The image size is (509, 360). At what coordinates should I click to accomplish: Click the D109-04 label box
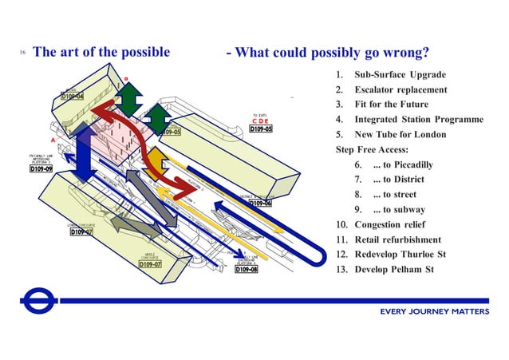click(73, 97)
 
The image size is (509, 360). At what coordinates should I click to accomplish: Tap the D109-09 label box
click(41, 169)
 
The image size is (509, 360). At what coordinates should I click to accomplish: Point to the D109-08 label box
click(247, 270)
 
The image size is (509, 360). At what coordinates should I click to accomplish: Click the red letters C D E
click(260, 121)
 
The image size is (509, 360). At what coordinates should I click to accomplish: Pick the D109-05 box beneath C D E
click(261, 129)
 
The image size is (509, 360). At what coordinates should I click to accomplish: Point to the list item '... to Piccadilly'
click(403, 164)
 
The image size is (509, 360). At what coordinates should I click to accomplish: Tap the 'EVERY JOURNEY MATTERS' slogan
click(435, 311)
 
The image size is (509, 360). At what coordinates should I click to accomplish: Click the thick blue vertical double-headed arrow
click(84, 152)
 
